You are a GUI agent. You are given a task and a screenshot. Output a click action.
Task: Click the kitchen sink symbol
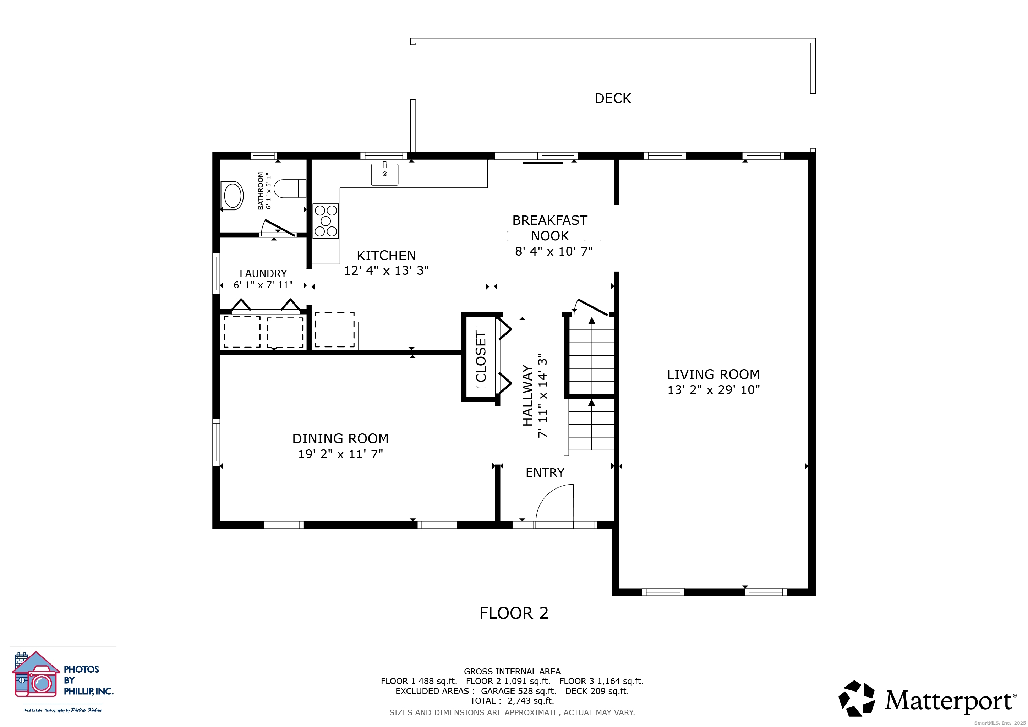tap(384, 174)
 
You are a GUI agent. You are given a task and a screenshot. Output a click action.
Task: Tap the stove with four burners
tap(326, 221)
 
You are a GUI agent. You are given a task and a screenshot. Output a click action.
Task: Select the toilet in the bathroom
tap(289, 189)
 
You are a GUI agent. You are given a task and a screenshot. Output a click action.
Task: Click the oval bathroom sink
tap(233, 196)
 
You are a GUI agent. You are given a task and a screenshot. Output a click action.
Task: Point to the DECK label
tap(612, 98)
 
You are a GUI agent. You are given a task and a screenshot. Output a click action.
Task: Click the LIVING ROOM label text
tap(713, 374)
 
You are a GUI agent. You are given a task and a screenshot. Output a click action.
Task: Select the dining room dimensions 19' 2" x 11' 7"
tap(340, 454)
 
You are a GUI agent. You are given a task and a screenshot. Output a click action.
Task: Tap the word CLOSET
tap(480, 357)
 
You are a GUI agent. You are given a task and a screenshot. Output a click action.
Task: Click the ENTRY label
tap(545, 473)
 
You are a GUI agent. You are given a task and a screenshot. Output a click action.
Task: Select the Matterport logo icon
tap(856, 699)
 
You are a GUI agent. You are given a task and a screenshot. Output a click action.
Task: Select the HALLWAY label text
tap(527, 395)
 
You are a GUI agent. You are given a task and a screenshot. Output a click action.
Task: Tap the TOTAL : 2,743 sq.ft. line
tap(512, 701)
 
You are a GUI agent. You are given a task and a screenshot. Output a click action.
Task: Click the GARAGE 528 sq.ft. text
tap(519, 691)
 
